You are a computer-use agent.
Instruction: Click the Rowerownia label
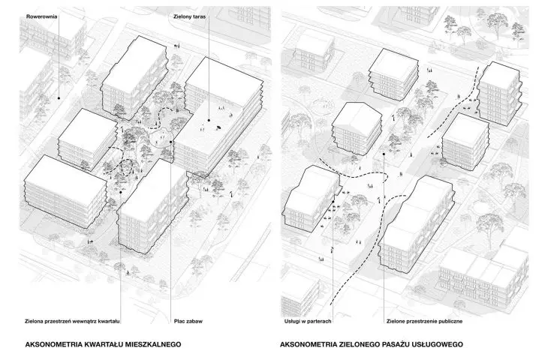pos(41,16)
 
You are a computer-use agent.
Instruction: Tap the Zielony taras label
pos(189,16)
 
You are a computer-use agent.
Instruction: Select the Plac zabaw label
pos(188,321)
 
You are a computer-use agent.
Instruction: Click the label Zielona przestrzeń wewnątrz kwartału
pos(73,321)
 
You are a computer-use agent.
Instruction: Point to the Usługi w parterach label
pos(308,321)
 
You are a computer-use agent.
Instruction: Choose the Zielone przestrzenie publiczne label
pos(425,321)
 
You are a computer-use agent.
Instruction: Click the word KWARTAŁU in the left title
pos(104,345)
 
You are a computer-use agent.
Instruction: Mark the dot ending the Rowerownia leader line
pos(59,98)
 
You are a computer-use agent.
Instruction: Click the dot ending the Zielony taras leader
pos(209,120)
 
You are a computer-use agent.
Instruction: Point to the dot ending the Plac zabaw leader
pos(171,142)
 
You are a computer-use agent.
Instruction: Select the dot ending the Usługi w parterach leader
pos(333,202)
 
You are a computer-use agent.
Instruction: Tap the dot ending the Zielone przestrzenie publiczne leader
pos(384,154)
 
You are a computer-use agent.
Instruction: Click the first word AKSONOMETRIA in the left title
pos(53,345)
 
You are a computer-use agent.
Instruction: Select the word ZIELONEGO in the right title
pos(360,345)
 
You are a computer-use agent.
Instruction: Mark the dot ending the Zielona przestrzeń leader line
pos(121,192)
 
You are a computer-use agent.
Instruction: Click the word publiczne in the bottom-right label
pos(449,321)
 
